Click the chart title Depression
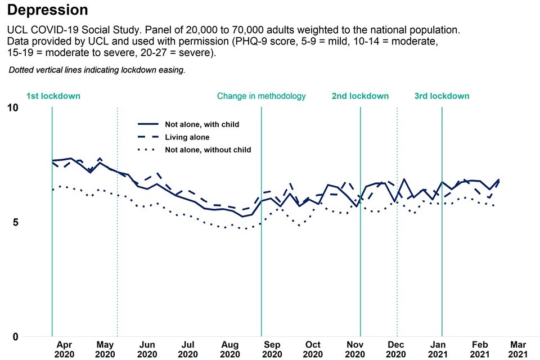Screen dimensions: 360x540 coord(48,10)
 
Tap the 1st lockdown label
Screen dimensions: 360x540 coord(53,96)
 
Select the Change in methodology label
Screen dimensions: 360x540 coord(261,96)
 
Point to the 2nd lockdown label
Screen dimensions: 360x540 coord(360,96)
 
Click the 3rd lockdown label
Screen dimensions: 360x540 coord(442,96)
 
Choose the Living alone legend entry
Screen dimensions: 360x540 coord(187,137)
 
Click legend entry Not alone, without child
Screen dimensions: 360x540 coord(208,150)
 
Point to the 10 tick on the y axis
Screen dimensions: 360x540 coord(12,108)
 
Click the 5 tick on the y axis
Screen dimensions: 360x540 coord(15,222)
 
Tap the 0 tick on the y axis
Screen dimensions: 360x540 coord(15,337)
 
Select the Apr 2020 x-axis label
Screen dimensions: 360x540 coord(64,349)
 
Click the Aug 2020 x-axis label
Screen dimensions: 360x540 coord(229,349)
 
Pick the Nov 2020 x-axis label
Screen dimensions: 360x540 coord(354,349)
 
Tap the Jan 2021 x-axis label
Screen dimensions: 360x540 coord(439,349)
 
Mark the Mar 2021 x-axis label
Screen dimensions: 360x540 coord(517,349)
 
